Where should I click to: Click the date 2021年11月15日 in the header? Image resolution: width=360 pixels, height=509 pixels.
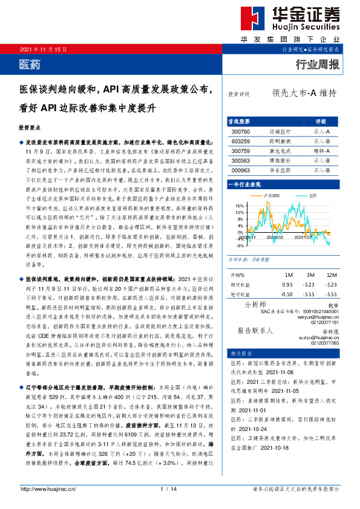pos(44,48)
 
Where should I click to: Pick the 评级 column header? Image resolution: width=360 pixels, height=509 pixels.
pos(321,121)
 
